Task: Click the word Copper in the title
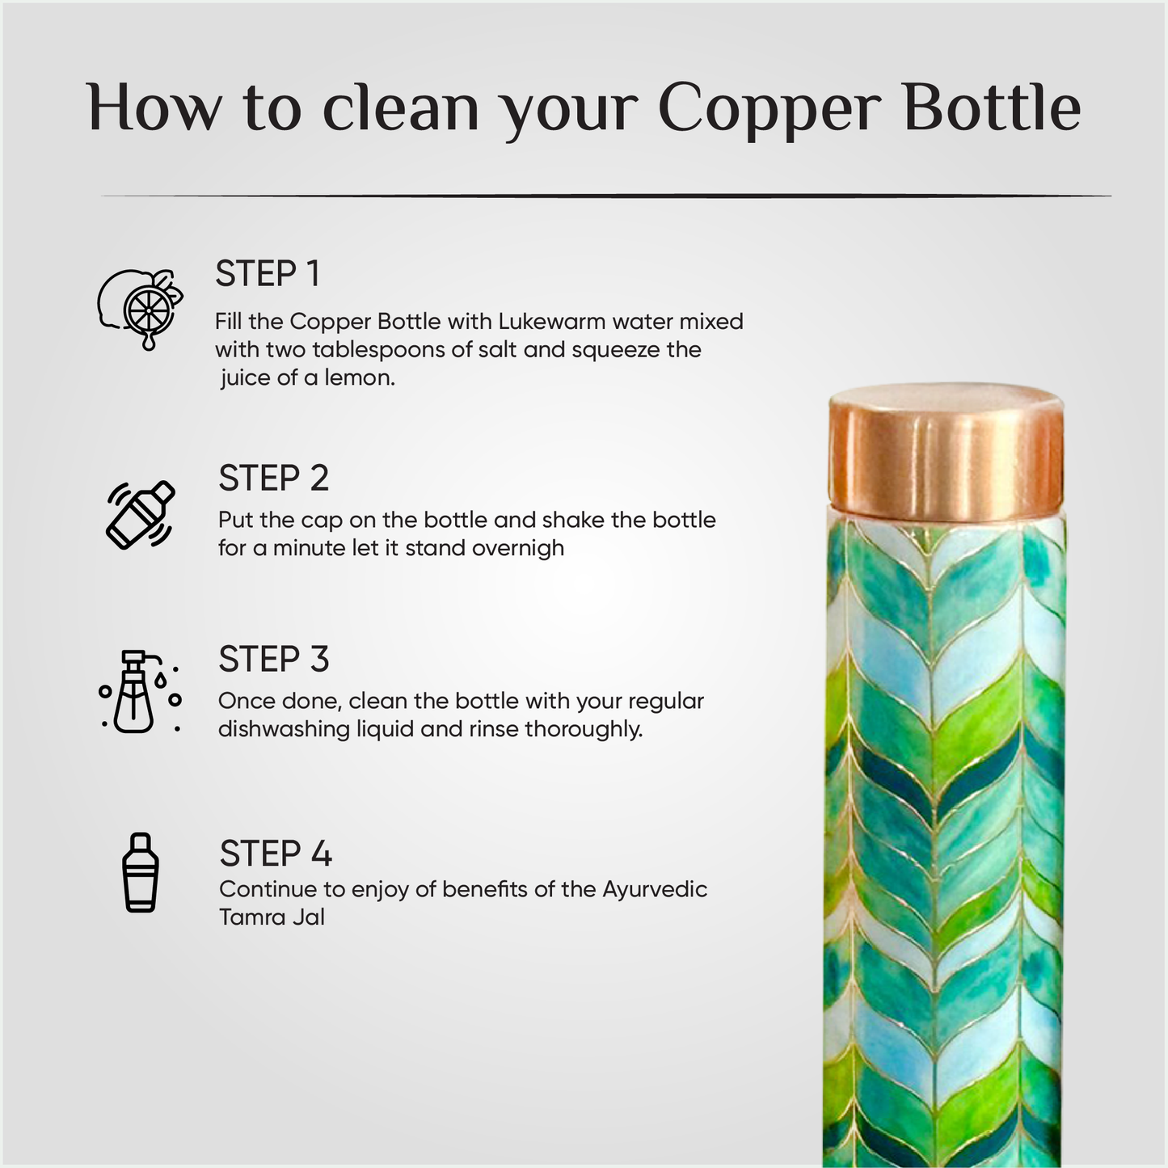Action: click(767, 109)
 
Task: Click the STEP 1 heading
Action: click(268, 274)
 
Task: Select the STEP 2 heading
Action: click(273, 479)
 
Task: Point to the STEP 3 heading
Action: click(273, 660)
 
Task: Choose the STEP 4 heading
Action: click(276, 854)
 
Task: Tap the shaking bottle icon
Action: click(141, 515)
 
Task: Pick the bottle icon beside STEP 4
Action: click(141, 873)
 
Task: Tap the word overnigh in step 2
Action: click(518, 548)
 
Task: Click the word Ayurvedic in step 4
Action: click(655, 889)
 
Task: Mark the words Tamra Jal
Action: click(272, 917)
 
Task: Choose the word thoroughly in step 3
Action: click(584, 729)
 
